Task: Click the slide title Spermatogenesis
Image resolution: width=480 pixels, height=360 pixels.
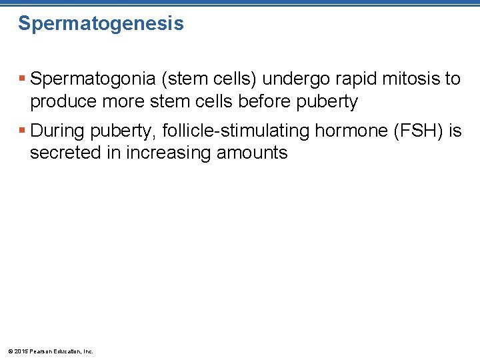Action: (x=101, y=24)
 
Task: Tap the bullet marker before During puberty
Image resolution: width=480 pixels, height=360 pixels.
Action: (x=22, y=131)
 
